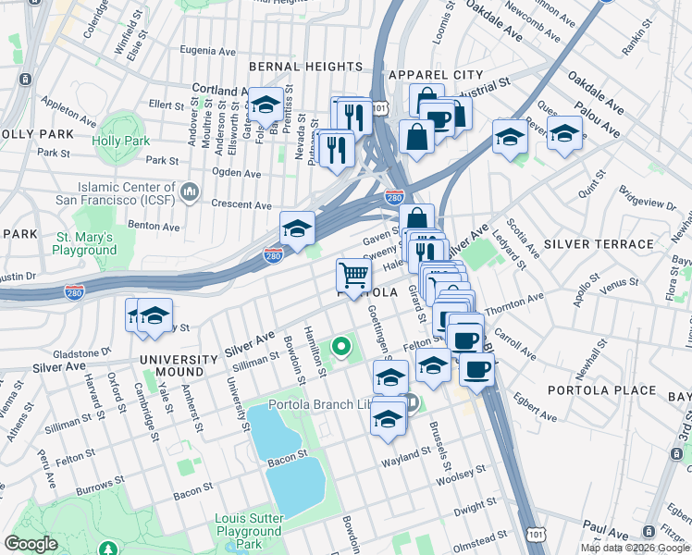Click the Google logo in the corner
pyautogui.click(x=31, y=544)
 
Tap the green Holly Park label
pyautogui.click(x=120, y=142)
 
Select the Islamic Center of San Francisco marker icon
pyautogui.click(x=190, y=191)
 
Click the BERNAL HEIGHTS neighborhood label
pyautogui.click(x=305, y=67)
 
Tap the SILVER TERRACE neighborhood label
pyautogui.click(x=586, y=244)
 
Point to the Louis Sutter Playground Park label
pyautogui.click(x=248, y=531)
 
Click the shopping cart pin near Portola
pyautogui.click(x=353, y=274)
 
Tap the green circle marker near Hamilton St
pyautogui.click(x=341, y=348)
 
